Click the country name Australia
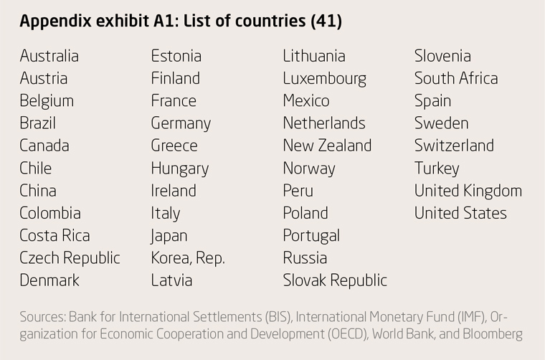(x=49, y=56)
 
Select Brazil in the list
(x=37, y=123)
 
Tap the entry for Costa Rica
(x=54, y=235)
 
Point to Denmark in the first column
(x=49, y=280)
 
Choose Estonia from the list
(x=176, y=56)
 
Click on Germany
(x=181, y=123)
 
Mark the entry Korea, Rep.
(x=188, y=257)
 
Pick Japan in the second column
(x=169, y=235)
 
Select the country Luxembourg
(x=324, y=78)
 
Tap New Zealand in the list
(x=327, y=146)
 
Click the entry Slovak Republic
(x=335, y=280)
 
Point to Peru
(x=298, y=190)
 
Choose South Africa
(x=455, y=78)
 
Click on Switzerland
(x=454, y=146)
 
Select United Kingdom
(x=468, y=190)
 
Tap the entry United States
(x=460, y=213)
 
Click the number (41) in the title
(x=326, y=22)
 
